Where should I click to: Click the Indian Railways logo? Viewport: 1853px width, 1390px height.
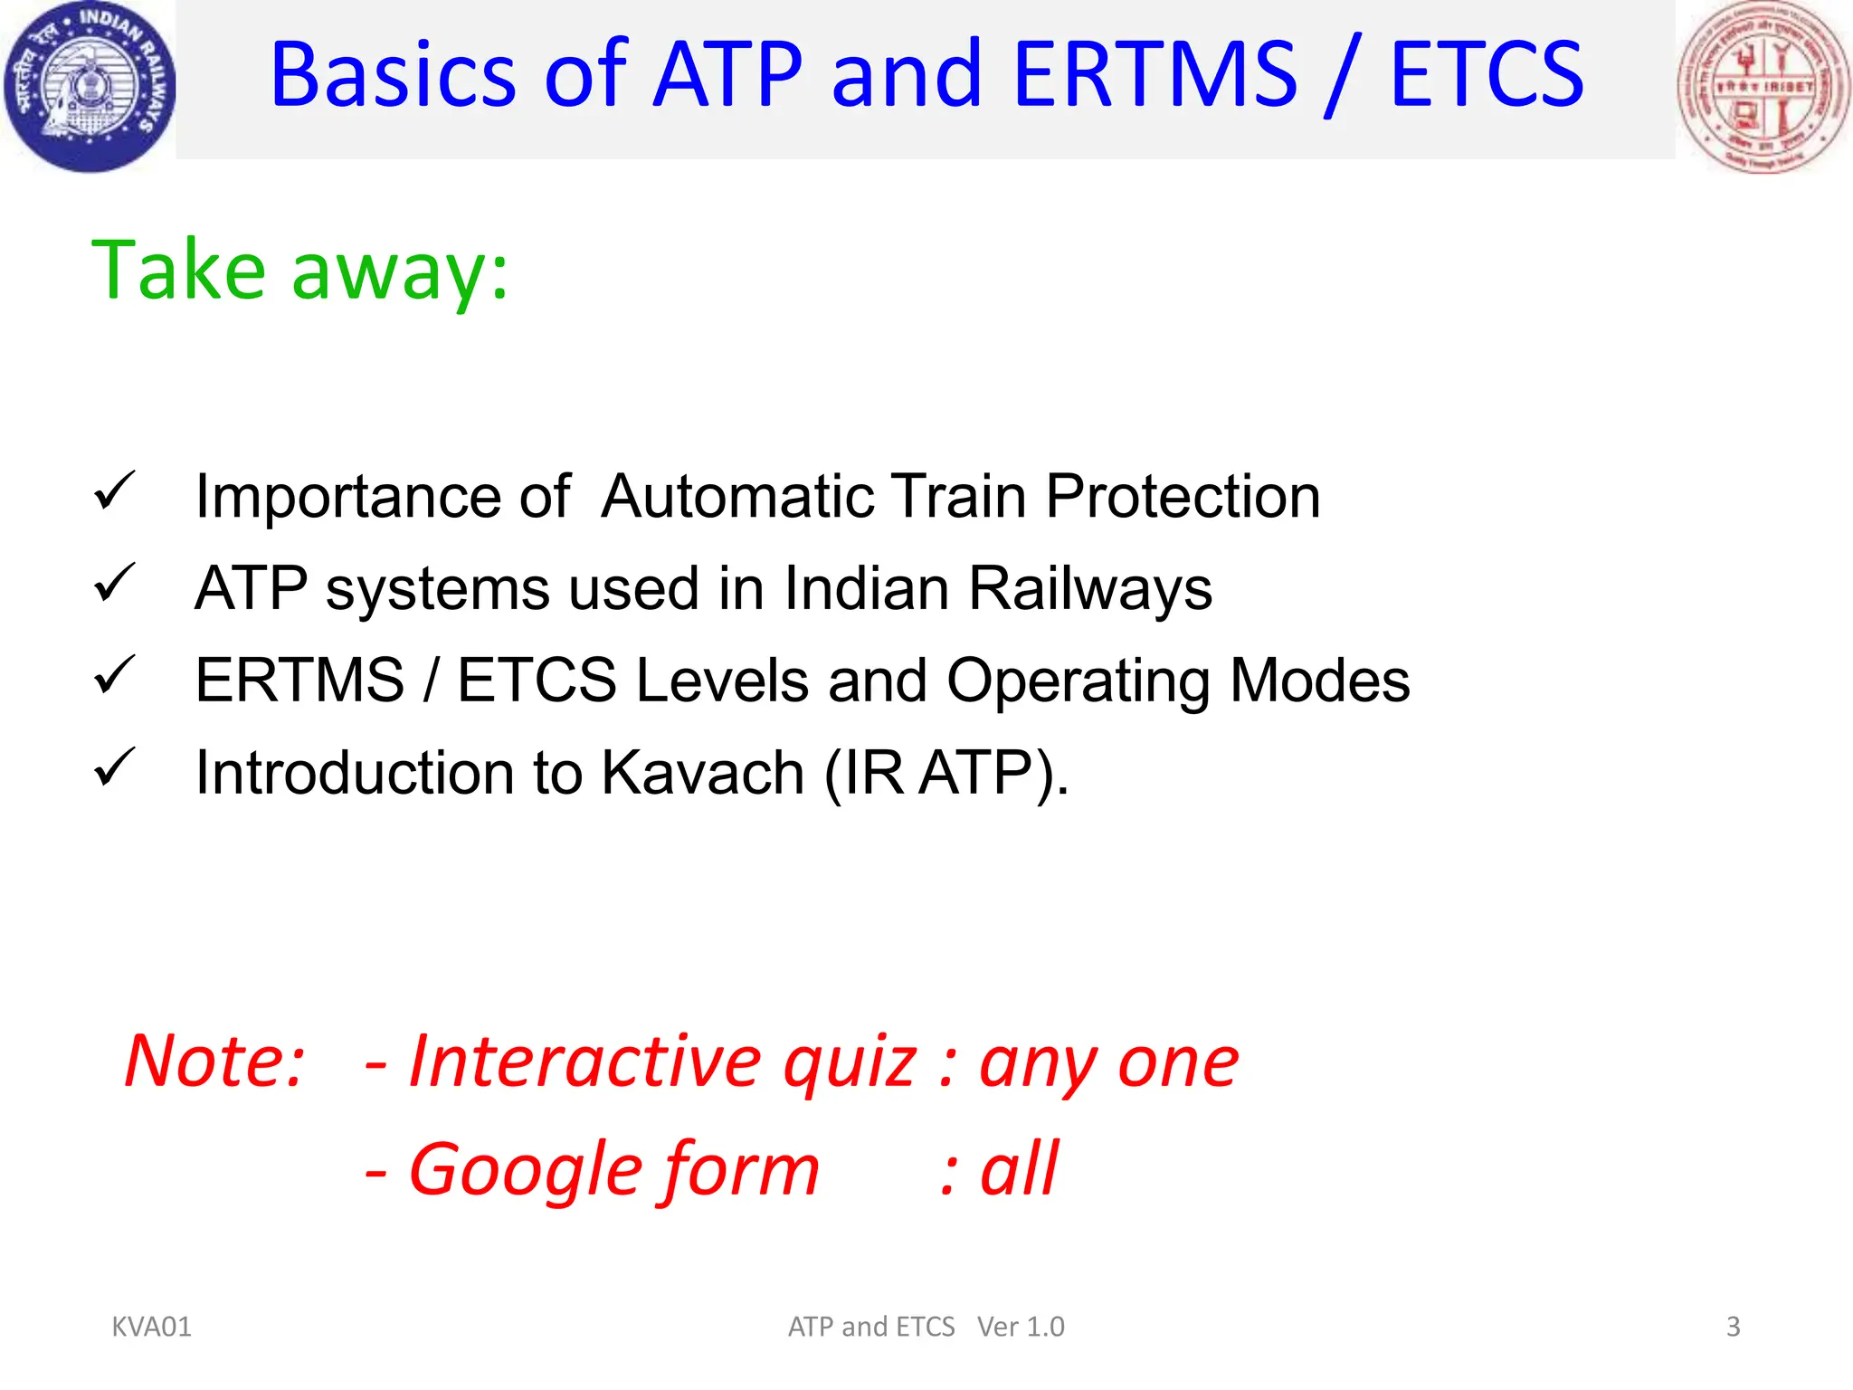(x=88, y=87)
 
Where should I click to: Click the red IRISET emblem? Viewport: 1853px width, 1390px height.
(x=1763, y=87)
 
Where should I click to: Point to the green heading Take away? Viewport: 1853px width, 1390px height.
(x=299, y=270)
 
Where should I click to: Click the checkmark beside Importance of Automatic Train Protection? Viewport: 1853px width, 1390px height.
(x=114, y=491)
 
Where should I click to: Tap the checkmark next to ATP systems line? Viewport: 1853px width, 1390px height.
(x=114, y=583)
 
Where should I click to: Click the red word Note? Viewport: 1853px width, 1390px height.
(x=215, y=1061)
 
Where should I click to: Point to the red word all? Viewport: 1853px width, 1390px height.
(x=1019, y=1169)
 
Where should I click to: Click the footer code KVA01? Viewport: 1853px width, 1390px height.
(x=151, y=1327)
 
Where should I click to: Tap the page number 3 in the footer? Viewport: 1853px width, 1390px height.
(x=1733, y=1327)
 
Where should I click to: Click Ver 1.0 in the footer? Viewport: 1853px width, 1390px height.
(x=1021, y=1327)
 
